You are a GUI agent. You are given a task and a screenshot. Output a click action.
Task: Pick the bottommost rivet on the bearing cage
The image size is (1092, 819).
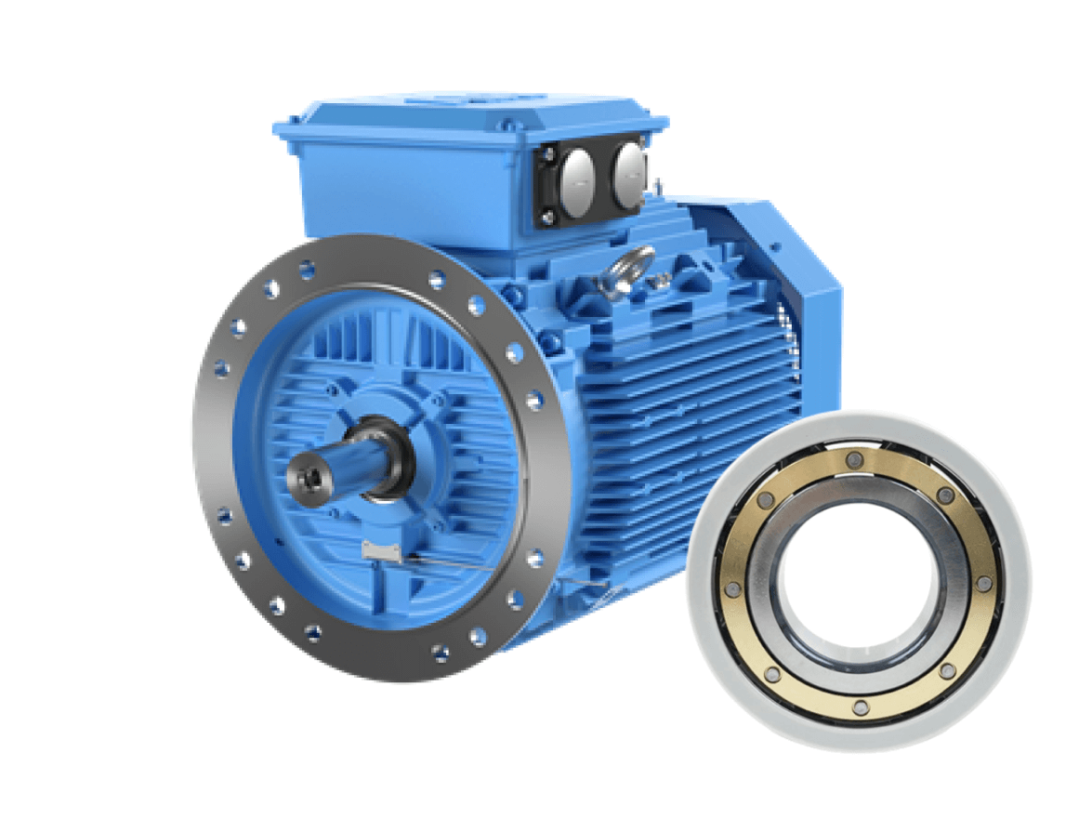pos(862,707)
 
